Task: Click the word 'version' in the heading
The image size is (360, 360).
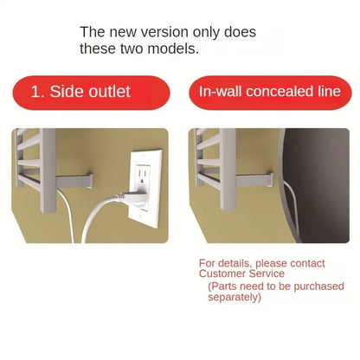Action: (165, 32)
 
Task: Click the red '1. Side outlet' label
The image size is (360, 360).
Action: (91, 93)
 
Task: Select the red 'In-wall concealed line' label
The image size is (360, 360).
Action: (270, 93)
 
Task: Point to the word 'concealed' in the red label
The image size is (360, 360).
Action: (280, 92)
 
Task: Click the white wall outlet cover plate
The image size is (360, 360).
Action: (145, 188)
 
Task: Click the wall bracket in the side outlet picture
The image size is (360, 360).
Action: (74, 181)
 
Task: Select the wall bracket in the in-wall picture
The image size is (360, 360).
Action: (254, 179)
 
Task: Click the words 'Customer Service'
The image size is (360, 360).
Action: (241, 273)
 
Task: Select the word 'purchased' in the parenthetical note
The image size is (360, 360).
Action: (318, 286)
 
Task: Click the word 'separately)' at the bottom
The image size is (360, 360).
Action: (235, 297)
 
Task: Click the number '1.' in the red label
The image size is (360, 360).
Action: (38, 92)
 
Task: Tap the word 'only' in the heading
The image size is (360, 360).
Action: (206, 32)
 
